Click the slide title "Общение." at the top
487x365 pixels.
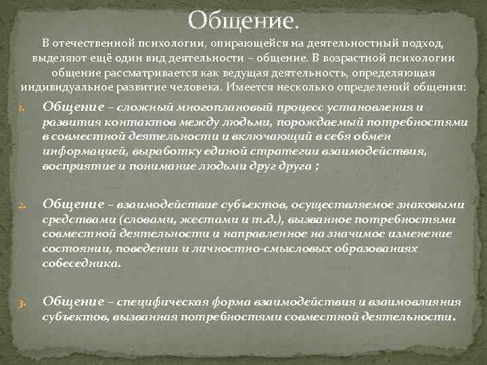tap(243, 20)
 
